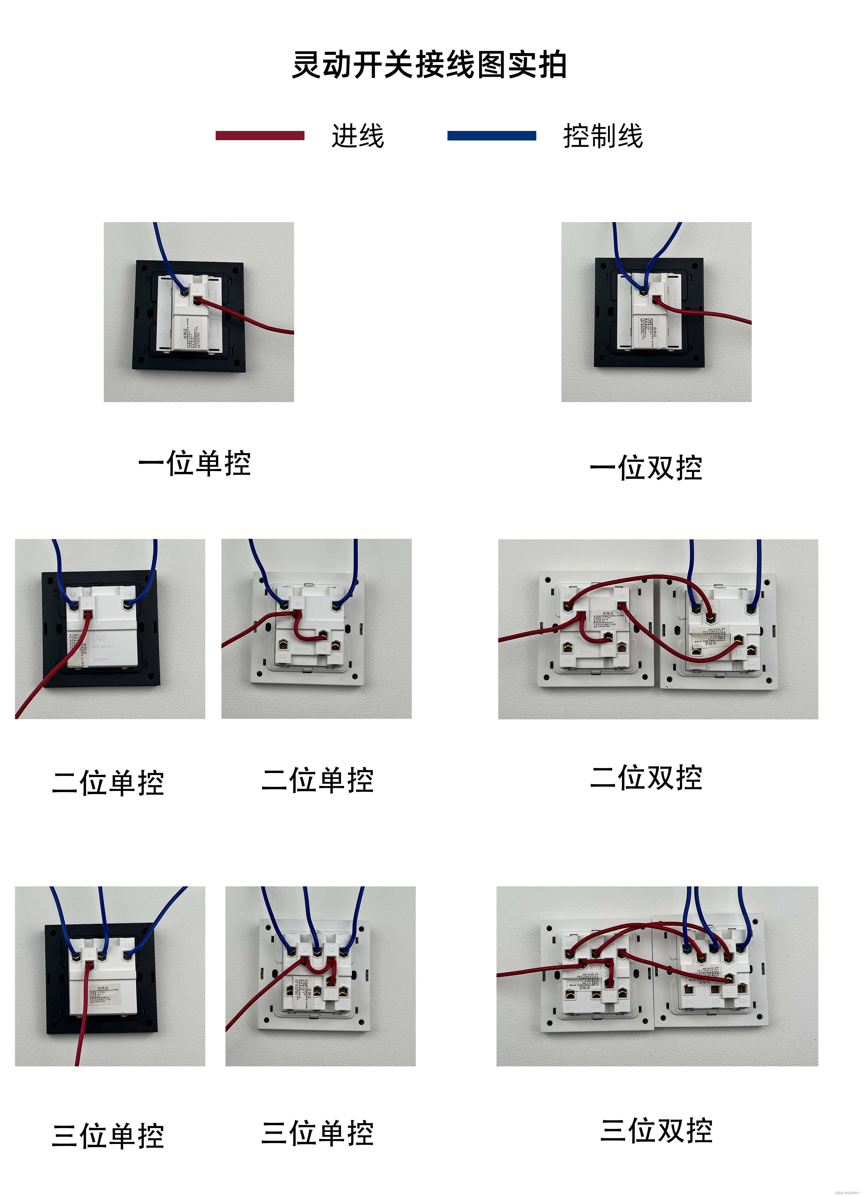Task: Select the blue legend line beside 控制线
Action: pos(492,136)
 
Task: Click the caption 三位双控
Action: pos(656,1130)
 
